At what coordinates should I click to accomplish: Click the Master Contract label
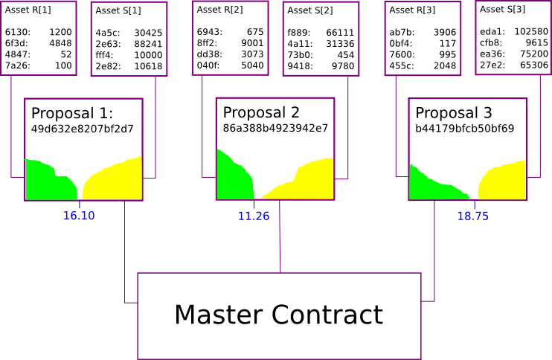pyautogui.click(x=278, y=315)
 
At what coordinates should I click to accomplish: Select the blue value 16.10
pyautogui.click(x=78, y=216)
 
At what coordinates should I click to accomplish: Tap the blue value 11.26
pyautogui.click(x=254, y=216)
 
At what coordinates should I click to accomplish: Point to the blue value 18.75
pyautogui.click(x=473, y=216)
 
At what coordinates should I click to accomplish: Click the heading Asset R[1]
pyautogui.click(x=28, y=10)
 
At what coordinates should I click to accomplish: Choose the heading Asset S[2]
pyautogui.click(x=310, y=10)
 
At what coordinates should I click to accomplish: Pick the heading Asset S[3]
pyautogui.click(x=502, y=9)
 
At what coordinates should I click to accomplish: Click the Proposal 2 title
pyautogui.click(x=261, y=112)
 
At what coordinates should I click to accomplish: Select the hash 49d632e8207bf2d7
pyautogui.click(x=82, y=129)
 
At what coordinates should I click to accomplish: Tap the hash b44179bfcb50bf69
pyautogui.click(x=464, y=128)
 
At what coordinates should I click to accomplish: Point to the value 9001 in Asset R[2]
pyautogui.click(x=252, y=43)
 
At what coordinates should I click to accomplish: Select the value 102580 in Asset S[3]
pyautogui.click(x=531, y=32)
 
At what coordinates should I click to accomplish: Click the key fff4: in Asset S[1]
pyautogui.click(x=104, y=55)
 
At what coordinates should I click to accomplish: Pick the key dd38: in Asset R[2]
pyautogui.click(x=208, y=54)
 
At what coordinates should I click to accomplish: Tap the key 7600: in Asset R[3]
pyautogui.click(x=401, y=54)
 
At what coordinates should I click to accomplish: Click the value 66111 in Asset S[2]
pyautogui.click(x=340, y=33)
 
